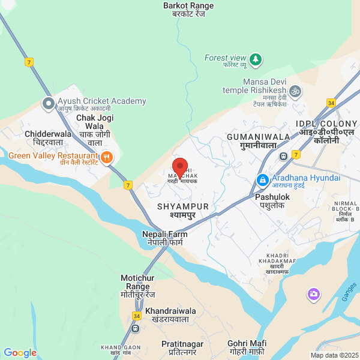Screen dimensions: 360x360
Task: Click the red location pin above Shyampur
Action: (x=180, y=167)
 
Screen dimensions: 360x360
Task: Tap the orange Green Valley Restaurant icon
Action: (x=107, y=157)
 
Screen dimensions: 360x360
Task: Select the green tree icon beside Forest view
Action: (x=256, y=59)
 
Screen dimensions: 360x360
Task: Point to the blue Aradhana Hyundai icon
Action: (x=263, y=179)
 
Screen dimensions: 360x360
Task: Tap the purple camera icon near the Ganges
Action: (x=313, y=294)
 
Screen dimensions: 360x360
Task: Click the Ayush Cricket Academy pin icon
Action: (x=47, y=104)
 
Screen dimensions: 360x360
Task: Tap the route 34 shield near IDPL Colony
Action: (x=331, y=103)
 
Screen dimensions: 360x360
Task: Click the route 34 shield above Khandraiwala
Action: (x=137, y=316)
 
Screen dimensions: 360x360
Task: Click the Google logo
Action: (x=20, y=353)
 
